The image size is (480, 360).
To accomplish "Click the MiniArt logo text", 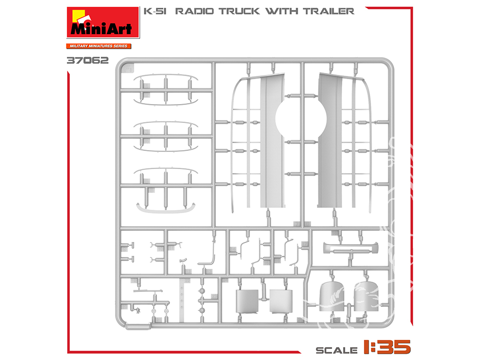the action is (101, 28).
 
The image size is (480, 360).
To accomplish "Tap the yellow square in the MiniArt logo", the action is (78, 16).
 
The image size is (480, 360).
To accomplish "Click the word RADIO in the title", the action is (194, 12).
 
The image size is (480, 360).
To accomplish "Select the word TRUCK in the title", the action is (240, 12).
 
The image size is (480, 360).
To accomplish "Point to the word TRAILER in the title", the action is (329, 12).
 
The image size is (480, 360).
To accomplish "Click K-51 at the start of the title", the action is (155, 12).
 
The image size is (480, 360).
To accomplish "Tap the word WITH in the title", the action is (282, 12).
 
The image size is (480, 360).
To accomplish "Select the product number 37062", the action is (87, 60).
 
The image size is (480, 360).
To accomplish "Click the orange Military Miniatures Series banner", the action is (98, 46).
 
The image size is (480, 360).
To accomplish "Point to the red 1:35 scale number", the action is (387, 347).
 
